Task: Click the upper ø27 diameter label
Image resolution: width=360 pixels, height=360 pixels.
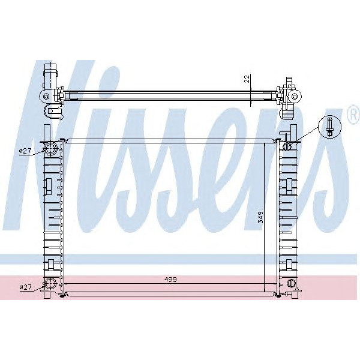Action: click(25, 151)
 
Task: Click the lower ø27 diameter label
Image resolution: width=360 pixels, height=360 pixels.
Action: click(25, 288)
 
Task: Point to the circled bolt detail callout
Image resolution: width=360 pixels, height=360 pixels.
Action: click(330, 127)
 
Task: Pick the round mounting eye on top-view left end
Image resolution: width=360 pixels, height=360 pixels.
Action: click(45, 96)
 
